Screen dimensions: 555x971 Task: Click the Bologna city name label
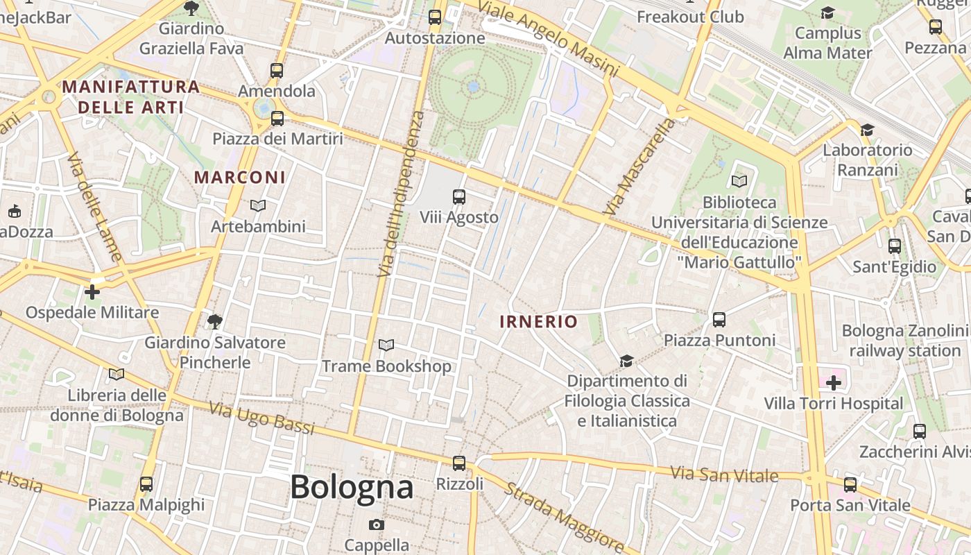coord(352,486)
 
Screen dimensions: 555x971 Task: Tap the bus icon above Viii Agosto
coord(458,197)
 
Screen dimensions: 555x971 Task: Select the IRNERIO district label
coord(538,322)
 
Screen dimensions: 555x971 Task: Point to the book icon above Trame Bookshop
coord(386,345)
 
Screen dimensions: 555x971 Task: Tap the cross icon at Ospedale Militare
coord(92,292)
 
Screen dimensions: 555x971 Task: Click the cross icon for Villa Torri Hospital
coord(833,382)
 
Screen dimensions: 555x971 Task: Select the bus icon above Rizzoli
coord(458,463)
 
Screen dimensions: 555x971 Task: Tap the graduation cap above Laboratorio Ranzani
coord(866,130)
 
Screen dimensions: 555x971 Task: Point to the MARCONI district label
coord(240,178)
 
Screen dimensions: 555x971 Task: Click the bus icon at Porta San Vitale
coord(850,485)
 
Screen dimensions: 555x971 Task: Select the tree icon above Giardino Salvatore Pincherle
coord(214,321)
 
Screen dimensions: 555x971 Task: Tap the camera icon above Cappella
coord(377,524)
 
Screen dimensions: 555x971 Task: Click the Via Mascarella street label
coord(639,166)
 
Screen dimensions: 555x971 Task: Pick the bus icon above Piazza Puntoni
coord(719,320)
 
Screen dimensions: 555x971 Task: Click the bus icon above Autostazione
coord(435,17)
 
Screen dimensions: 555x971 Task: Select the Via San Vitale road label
coord(725,475)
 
